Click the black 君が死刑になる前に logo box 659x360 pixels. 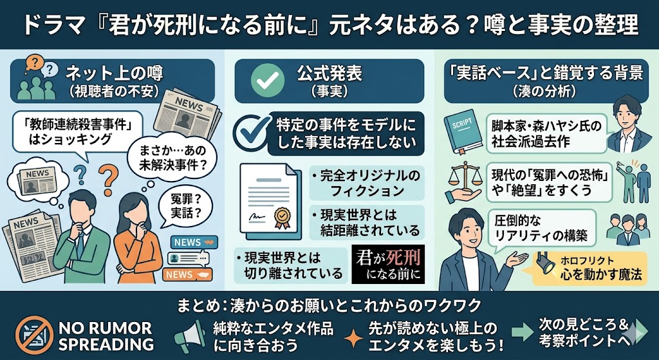point(389,264)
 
